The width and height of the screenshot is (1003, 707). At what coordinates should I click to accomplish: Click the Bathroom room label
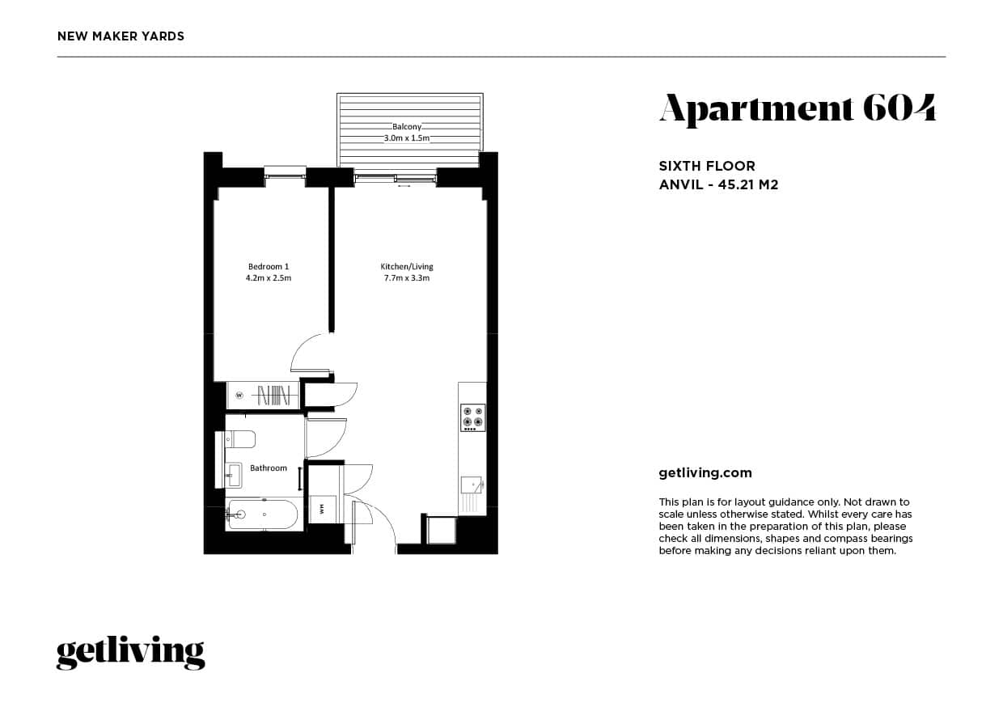pos(268,468)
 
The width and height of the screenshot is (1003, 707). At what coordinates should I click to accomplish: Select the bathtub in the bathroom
pos(263,514)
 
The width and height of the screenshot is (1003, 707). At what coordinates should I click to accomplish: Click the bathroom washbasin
pos(235,474)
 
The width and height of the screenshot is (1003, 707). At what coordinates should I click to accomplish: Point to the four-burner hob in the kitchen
pos(472,417)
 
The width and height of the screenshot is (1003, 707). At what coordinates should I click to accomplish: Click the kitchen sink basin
pos(471,485)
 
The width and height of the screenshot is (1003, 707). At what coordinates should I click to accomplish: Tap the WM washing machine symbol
pos(321,509)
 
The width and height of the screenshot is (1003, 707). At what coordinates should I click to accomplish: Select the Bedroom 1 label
pos(269,266)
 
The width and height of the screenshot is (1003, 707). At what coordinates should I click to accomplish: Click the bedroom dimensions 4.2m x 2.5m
pos(269,278)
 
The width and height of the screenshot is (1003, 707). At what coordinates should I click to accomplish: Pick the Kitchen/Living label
pos(407,266)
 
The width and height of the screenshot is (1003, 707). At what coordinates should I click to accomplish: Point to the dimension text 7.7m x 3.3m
pos(407,278)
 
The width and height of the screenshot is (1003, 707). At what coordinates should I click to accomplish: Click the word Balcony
pos(407,127)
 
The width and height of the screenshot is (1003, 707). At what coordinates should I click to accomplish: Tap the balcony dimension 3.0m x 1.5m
pos(407,138)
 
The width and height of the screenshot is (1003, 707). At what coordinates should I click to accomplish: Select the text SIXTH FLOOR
pos(707,166)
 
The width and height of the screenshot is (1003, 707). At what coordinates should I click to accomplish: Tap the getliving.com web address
pos(705,473)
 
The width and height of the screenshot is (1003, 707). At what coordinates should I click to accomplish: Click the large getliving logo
pos(130,652)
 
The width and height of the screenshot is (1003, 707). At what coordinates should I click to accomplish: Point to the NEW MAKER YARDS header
pos(121,36)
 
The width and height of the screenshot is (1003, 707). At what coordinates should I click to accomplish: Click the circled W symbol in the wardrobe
pos(239,396)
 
